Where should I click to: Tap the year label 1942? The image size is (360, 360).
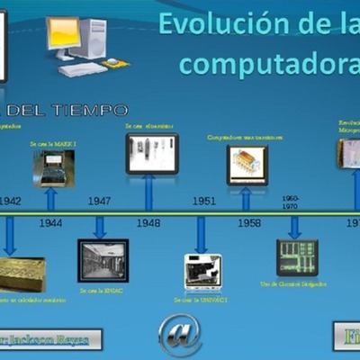tap(10, 201)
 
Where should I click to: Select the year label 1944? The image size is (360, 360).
tap(51, 221)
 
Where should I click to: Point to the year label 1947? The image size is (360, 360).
tap(99, 201)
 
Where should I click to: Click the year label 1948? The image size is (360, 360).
tap(148, 221)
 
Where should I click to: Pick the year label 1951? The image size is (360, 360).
tap(203, 201)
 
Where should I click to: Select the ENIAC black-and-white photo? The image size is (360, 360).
tap(103, 261)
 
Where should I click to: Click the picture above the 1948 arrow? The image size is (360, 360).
tap(152, 153)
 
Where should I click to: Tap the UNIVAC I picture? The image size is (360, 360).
tap(202, 271)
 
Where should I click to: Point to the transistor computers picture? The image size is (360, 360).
tap(247, 166)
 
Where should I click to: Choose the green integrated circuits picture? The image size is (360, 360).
tap(296, 256)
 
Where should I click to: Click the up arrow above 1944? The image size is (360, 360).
tap(51, 198)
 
